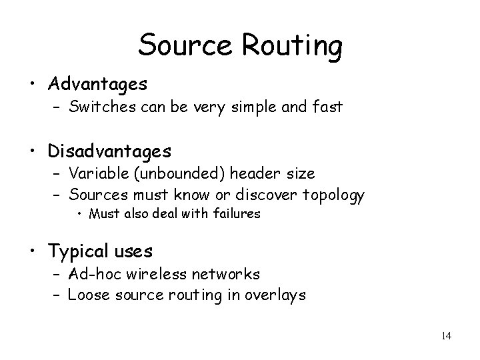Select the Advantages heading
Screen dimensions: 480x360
97,84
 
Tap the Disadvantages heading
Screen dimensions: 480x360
109,151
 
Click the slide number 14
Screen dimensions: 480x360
446,335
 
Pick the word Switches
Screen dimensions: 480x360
100,106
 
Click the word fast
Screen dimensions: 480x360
328,106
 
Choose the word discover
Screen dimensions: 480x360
261,195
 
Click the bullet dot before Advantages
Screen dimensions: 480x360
33,85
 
